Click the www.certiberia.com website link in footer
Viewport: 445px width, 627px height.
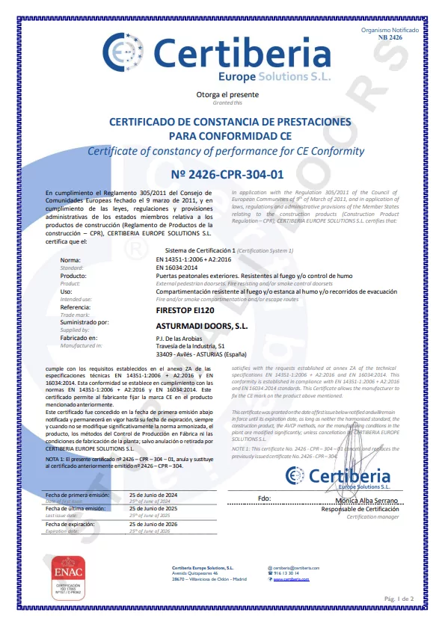pyautogui.click(x=291, y=579)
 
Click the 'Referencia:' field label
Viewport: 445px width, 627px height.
pyautogui.click(x=76, y=307)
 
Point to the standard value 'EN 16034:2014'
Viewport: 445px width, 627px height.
pyautogui.click(x=177, y=267)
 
